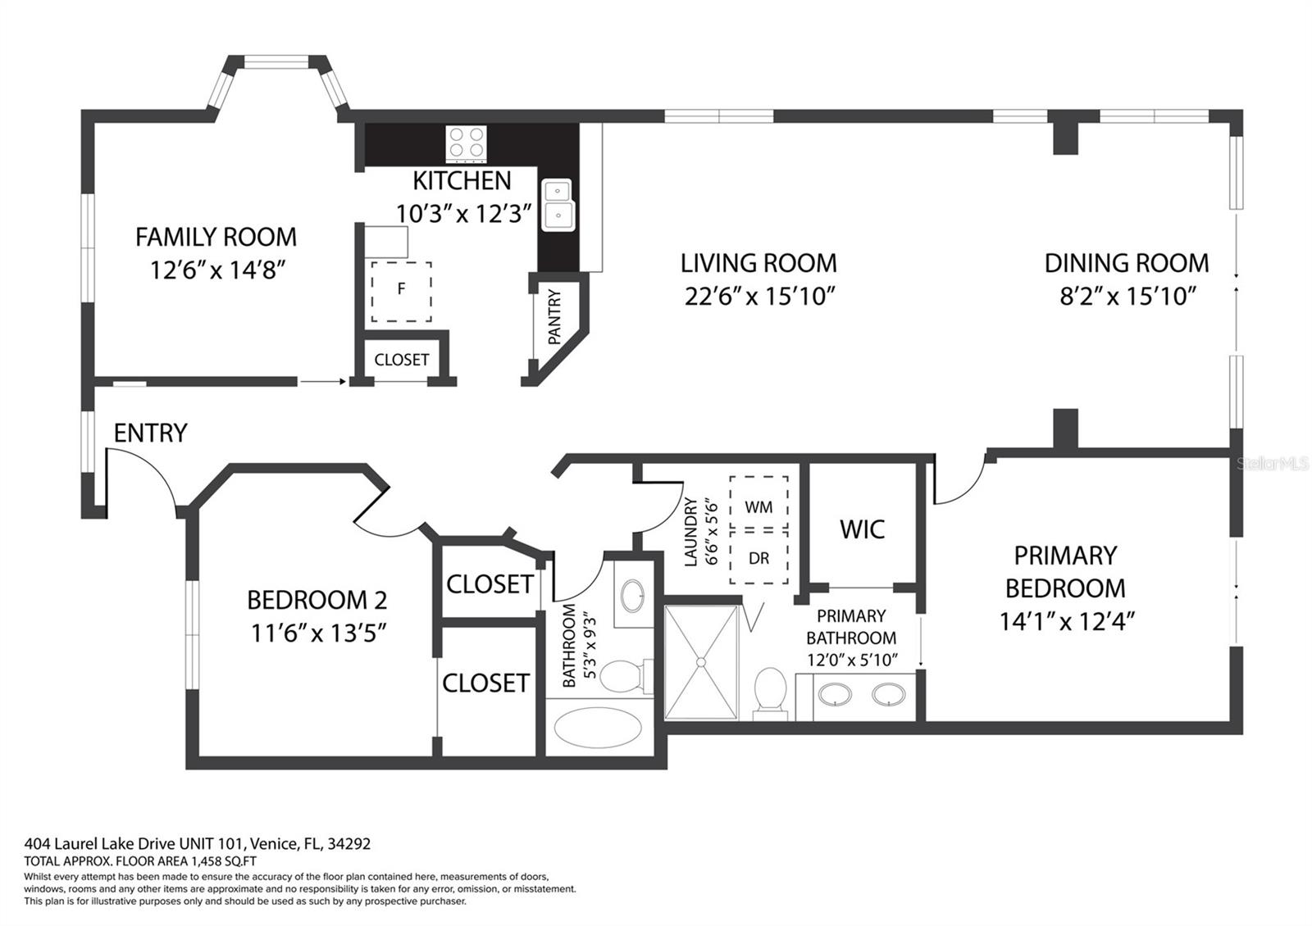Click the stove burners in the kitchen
(466, 143)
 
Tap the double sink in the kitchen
(558, 204)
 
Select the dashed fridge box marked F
(401, 290)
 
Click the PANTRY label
(555, 316)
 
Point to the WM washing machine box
(758, 507)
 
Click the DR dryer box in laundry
(758, 558)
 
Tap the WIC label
(862, 529)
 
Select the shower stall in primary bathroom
(702, 662)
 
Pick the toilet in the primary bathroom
(770, 691)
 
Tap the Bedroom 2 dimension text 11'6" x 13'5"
(317, 633)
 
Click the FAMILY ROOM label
(216, 238)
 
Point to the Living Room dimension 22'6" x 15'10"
(759, 296)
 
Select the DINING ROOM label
(1126, 263)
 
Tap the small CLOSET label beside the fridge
(401, 360)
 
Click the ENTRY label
(150, 433)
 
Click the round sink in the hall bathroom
(632, 597)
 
